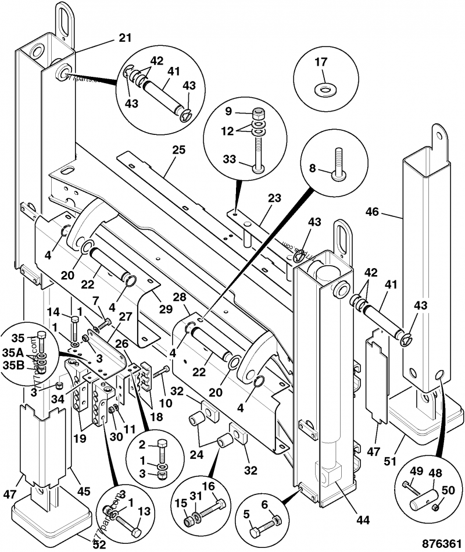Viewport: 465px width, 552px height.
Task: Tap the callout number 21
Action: click(125, 38)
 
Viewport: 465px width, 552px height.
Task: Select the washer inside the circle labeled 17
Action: click(321, 90)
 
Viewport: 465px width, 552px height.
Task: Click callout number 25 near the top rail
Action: click(178, 150)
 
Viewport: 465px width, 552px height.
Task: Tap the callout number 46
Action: click(371, 213)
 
